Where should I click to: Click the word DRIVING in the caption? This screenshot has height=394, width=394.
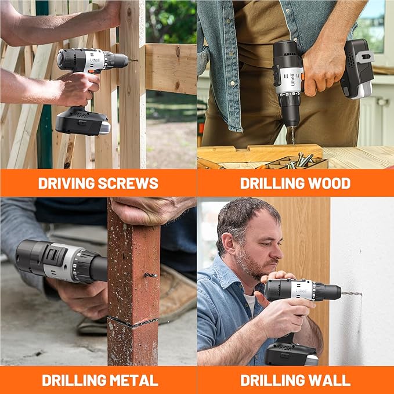coord(66,183)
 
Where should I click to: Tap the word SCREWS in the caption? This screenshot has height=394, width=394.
coord(128,183)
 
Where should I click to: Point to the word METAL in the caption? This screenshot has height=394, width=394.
coord(131,381)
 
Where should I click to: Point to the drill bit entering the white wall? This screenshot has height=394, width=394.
coord(350,294)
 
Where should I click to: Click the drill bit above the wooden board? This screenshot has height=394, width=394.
coord(292,135)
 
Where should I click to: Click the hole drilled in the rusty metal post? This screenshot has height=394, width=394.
coord(151,275)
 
